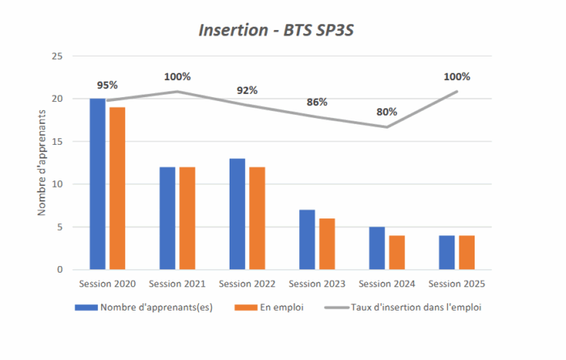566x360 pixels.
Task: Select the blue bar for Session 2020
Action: [98, 184]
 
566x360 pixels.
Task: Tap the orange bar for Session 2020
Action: [117, 188]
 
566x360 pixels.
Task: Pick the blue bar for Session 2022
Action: [238, 214]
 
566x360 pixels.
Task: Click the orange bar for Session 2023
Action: [327, 244]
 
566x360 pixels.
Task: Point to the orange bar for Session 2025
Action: [467, 252]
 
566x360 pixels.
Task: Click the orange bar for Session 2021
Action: [188, 218]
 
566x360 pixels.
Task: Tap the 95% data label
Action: [108, 85]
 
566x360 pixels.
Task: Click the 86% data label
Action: [317, 103]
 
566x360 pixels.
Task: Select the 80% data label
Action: [387, 112]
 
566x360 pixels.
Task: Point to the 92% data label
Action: [247, 91]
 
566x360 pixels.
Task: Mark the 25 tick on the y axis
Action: [57, 56]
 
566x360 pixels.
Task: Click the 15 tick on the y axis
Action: [57, 142]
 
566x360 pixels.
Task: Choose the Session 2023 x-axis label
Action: [317, 284]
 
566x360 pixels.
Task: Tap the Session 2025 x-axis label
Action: [457, 284]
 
